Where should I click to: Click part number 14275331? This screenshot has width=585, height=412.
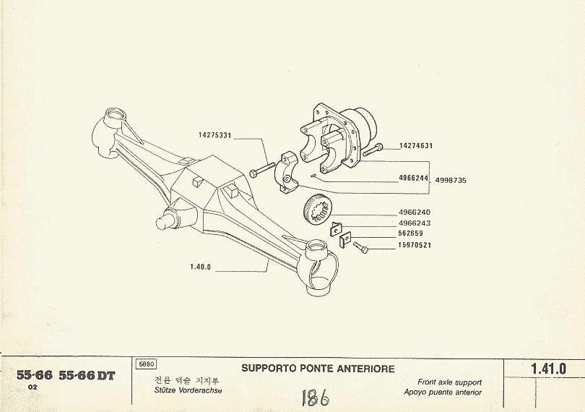pyautogui.click(x=214, y=135)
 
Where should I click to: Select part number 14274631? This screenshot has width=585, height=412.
pyautogui.click(x=416, y=146)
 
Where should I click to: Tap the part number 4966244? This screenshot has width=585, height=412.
pyautogui.click(x=414, y=178)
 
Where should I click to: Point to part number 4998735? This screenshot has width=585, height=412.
pyautogui.click(x=451, y=180)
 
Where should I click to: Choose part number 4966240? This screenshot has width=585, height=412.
pyautogui.click(x=414, y=213)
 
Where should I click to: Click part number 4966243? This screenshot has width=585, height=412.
pyautogui.click(x=414, y=223)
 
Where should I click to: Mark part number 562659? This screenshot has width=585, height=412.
pyautogui.click(x=410, y=233)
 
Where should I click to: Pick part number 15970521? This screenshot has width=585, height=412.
pyautogui.click(x=414, y=245)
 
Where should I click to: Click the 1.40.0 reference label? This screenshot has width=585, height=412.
pyautogui.click(x=200, y=267)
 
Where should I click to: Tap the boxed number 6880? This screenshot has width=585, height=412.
pyautogui.click(x=147, y=364)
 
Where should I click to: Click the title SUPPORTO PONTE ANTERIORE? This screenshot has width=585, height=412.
pyautogui.click(x=318, y=369)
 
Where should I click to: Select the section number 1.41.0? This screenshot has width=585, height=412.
pyautogui.click(x=548, y=369)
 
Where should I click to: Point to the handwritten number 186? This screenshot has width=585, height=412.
pyautogui.click(x=314, y=397)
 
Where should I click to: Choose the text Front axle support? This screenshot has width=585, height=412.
pyautogui.click(x=449, y=382)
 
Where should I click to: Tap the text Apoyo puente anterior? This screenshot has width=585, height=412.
pyautogui.click(x=443, y=392)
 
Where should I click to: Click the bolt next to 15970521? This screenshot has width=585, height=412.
pyautogui.click(x=361, y=248)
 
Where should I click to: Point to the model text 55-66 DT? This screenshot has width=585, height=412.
pyautogui.click(x=87, y=376)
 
